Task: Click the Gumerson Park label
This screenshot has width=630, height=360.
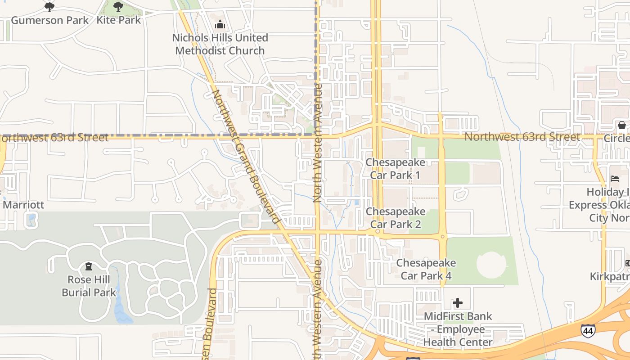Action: tap(50, 20)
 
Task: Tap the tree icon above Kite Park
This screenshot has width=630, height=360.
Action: tap(118, 7)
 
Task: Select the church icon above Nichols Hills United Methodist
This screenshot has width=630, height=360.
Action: tap(220, 24)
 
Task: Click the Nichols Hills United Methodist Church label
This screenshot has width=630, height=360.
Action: tap(220, 44)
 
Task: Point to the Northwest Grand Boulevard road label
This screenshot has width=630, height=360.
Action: tap(246, 157)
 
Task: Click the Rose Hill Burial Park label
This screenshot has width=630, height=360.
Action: tap(89, 286)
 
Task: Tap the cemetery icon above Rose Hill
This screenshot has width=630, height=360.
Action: tap(89, 267)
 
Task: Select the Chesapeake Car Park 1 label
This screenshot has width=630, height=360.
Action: tap(395, 169)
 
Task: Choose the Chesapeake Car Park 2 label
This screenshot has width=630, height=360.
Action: tap(396, 218)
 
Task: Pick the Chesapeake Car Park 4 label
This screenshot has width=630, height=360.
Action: tap(426, 269)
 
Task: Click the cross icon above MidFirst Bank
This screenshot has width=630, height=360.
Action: tap(458, 303)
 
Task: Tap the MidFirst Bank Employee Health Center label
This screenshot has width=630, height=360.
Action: tap(458, 329)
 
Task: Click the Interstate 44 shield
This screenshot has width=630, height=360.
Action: tap(588, 331)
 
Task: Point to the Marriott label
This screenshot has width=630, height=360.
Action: tap(23, 205)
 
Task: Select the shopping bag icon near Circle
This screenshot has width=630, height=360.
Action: tap(621, 125)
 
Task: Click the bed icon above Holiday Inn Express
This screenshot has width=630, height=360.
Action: tap(614, 179)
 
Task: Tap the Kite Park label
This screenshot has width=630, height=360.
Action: tap(119, 20)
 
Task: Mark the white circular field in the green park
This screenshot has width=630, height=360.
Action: tap(491, 264)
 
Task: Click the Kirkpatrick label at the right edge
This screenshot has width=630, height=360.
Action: tap(610, 276)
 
